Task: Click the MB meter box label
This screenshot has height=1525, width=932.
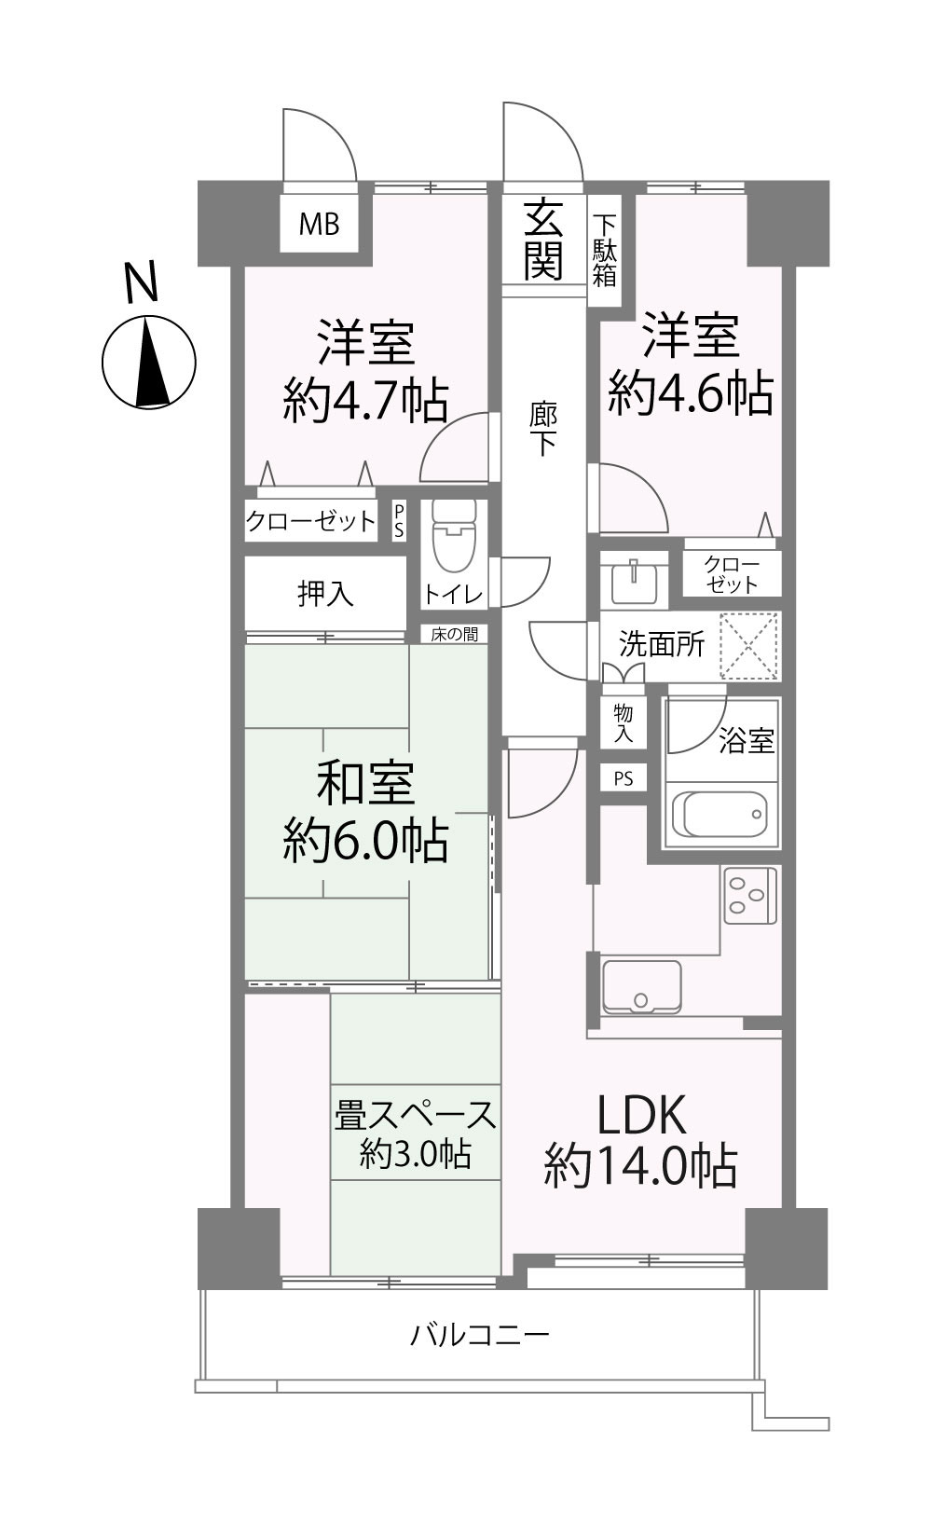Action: click(320, 224)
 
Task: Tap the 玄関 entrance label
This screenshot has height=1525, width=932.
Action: click(543, 239)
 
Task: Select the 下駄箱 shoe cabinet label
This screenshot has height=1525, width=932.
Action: click(604, 251)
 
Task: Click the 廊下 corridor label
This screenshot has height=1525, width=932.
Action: click(543, 430)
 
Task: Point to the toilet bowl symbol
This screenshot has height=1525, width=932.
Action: click(454, 537)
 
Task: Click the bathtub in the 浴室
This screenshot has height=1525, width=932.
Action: click(720, 815)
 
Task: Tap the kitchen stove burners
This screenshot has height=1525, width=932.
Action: click(750, 895)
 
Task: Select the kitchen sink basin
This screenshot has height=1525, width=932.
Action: click(641, 986)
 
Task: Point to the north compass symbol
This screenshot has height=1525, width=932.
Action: click(149, 363)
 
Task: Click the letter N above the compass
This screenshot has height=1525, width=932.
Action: click(142, 282)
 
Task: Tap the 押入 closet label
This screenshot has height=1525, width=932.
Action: click(325, 594)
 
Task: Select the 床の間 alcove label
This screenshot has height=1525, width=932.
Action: click(454, 635)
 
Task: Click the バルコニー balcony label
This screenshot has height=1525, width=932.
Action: click(479, 1335)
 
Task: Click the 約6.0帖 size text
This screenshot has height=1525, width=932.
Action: click(365, 842)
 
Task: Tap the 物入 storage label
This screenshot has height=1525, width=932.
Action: click(623, 723)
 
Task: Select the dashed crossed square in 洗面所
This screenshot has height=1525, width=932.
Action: click(749, 646)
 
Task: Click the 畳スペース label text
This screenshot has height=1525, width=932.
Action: click(415, 1115)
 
